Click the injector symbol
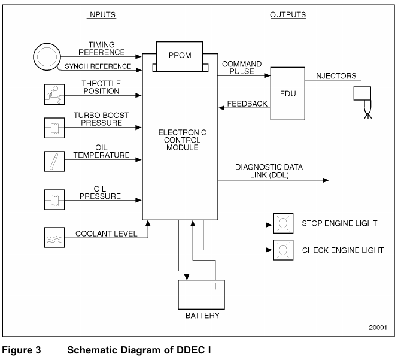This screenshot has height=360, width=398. (x=362, y=97)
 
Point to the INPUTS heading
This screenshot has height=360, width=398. (x=102, y=14)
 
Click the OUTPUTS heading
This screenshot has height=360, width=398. (x=285, y=14)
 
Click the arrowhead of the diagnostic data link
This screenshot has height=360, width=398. (x=326, y=179)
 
